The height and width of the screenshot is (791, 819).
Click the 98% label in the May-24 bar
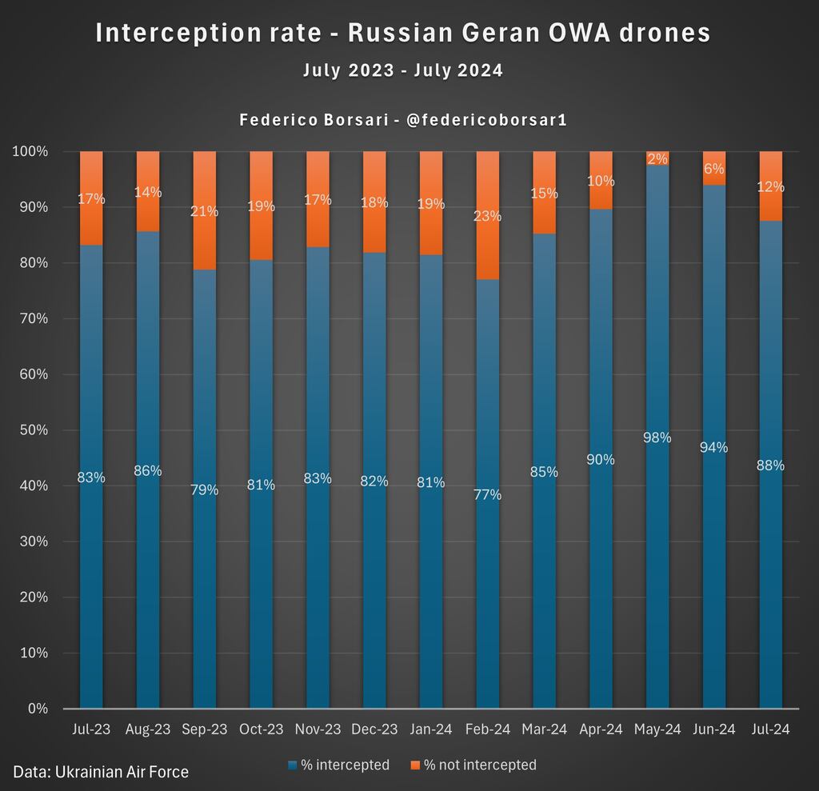pyautogui.click(x=657, y=437)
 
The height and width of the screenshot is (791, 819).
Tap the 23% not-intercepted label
pyautogui.click(x=487, y=215)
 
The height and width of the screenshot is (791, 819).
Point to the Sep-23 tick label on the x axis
pyautogui.click(x=205, y=729)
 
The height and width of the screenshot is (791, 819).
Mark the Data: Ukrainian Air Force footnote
pyautogui.click(x=101, y=772)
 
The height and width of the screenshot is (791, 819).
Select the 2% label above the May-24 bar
pyautogui.click(x=657, y=158)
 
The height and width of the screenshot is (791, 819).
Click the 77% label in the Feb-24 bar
pyautogui.click(x=487, y=494)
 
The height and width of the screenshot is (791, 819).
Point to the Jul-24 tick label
pyautogui.click(x=770, y=729)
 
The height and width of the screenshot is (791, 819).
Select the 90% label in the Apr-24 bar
pyautogui.click(x=601, y=459)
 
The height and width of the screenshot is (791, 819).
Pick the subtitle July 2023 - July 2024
pyautogui.click(x=403, y=70)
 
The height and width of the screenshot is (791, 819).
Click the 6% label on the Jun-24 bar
pyautogui.click(x=714, y=169)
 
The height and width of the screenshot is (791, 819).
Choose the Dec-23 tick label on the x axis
pyautogui.click(x=374, y=729)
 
